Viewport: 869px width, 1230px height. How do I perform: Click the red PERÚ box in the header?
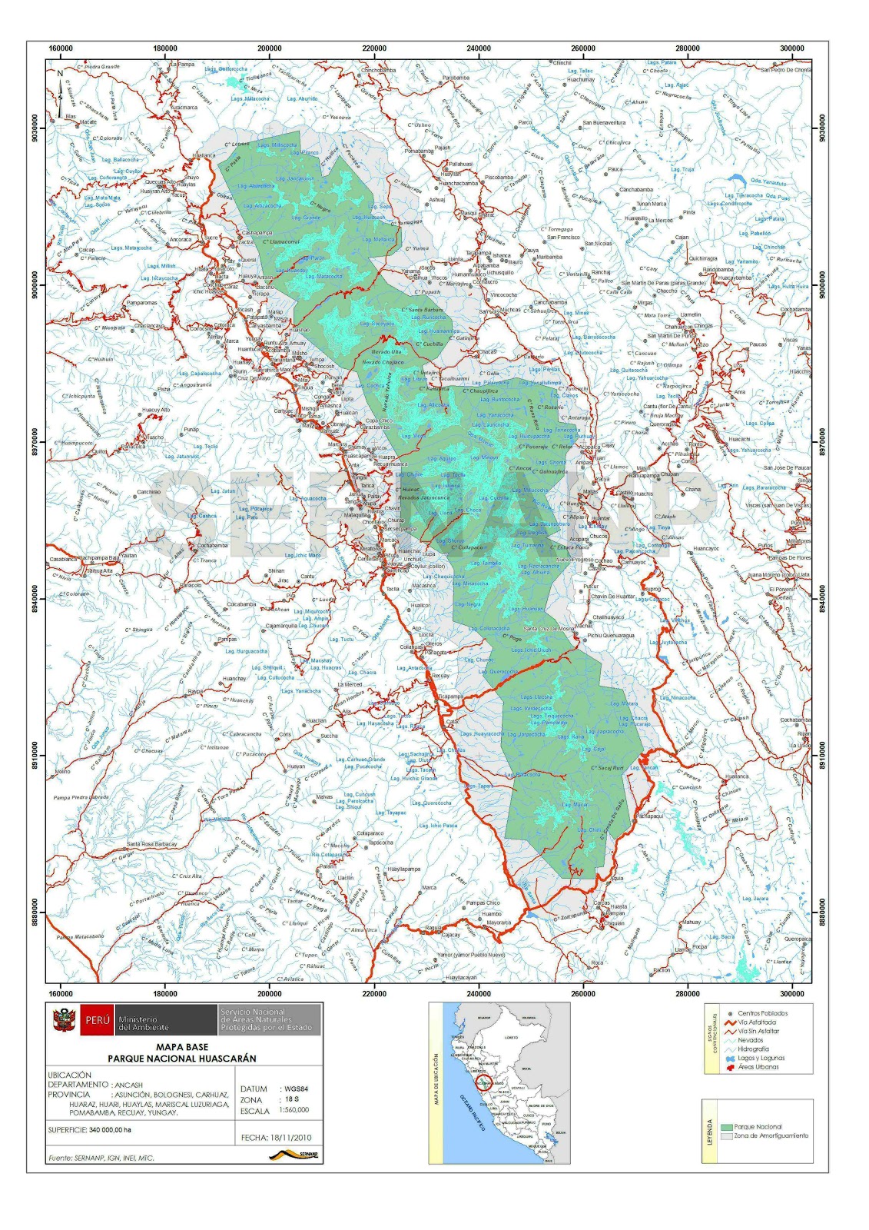98,1020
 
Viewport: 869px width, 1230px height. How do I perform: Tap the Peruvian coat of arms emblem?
63,1020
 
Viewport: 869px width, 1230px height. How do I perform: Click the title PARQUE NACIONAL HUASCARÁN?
182,1058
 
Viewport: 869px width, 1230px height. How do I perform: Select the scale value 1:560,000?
294,1109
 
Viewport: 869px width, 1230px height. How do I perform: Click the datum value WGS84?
296,1089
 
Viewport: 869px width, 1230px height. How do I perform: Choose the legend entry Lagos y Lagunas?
761,1058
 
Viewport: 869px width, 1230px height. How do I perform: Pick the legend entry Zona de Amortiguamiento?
771,1135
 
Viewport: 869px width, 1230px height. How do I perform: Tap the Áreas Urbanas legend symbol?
730,1067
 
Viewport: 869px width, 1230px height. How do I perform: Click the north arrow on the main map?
60,86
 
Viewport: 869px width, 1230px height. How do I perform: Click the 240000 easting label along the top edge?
478,48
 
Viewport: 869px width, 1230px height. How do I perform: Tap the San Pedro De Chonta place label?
785,70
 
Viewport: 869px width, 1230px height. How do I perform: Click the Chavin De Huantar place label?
612,597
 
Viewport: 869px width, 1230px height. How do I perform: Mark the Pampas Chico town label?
483,903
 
